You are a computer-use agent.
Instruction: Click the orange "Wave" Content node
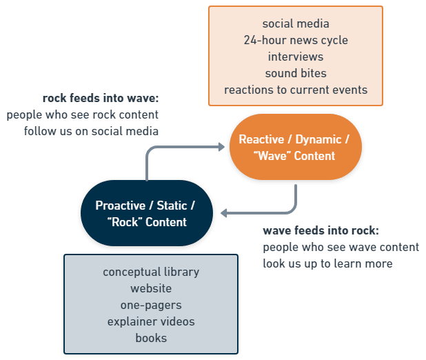tap(295, 148)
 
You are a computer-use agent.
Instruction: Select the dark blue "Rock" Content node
tap(146, 213)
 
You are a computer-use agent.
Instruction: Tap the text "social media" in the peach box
tap(296, 24)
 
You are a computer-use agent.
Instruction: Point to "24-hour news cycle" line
tap(296, 40)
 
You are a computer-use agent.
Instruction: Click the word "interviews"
tap(296, 57)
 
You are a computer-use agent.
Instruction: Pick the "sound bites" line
tap(296, 73)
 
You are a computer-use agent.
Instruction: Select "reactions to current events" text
tap(296, 90)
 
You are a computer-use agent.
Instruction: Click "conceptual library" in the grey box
tap(151, 272)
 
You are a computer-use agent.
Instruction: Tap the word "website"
tap(151, 288)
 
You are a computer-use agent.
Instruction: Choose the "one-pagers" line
tap(151, 305)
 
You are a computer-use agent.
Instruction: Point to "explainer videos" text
tap(151, 321)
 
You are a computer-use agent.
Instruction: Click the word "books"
tap(151, 338)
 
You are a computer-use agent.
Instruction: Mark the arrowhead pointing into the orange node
tap(222, 146)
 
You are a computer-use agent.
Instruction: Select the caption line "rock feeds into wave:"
tap(101, 98)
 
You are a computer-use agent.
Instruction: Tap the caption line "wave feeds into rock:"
tap(321, 231)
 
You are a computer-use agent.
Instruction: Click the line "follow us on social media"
tap(92, 131)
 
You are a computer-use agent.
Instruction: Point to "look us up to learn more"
tap(328, 263)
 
